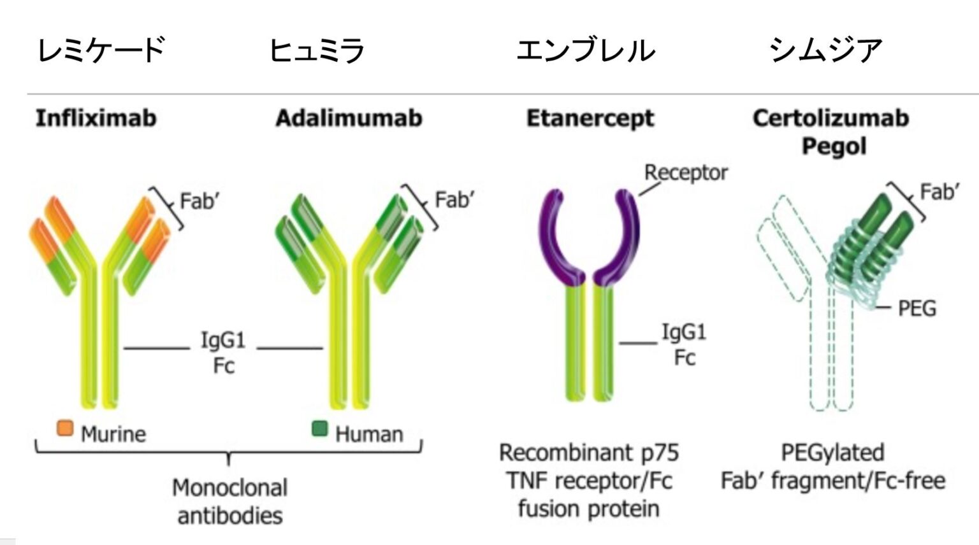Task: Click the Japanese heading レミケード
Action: pos(101,50)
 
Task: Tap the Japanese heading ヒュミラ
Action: pos(317,50)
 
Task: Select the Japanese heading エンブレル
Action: pos(585,50)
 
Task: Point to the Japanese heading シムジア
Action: pos(825,50)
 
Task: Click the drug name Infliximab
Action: pos(96,118)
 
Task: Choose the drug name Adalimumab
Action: pos(349,118)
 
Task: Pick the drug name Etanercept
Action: pos(590,118)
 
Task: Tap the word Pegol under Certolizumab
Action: pos(834,146)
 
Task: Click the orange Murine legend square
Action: pos(65,428)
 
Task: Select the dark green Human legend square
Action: pos(319,428)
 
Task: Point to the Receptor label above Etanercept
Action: pos(686,173)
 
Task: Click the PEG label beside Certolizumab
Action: pos(917,309)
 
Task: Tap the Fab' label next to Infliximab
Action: pos(199,201)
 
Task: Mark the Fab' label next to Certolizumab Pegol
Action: pos(939,192)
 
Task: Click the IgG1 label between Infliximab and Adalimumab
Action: pos(223,341)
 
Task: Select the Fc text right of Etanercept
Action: pos(685,358)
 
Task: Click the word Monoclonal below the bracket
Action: pos(229,488)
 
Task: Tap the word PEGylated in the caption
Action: pos(832,453)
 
